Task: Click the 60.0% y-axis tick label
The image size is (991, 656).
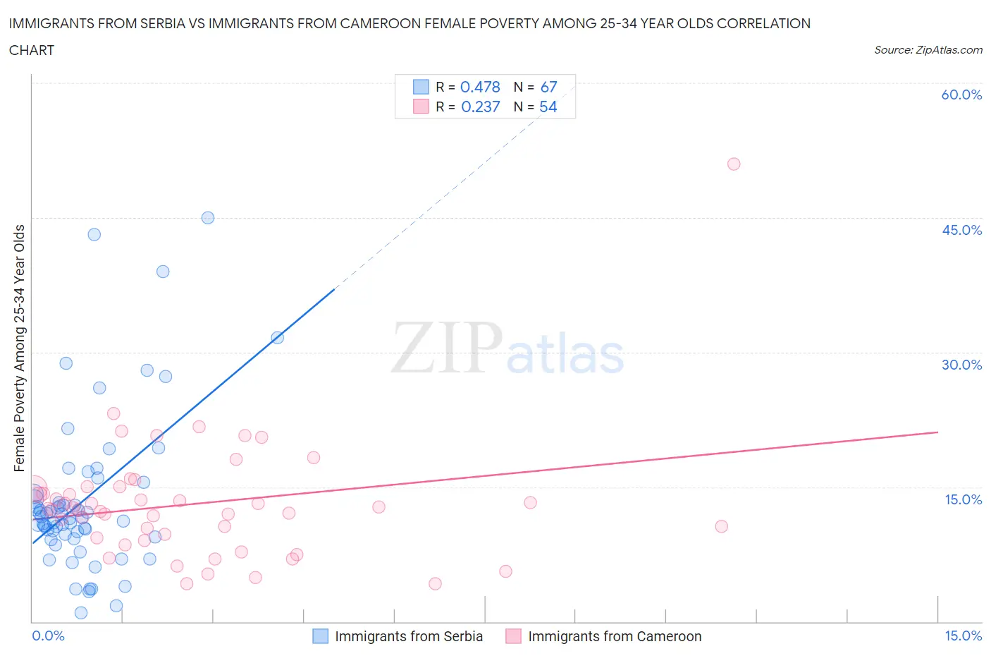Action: (961, 95)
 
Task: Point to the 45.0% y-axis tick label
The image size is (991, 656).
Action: (961, 230)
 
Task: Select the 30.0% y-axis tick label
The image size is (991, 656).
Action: (961, 365)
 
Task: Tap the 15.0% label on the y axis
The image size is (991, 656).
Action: (963, 499)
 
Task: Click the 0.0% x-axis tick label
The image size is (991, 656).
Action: (48, 636)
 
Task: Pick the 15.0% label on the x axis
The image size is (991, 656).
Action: (963, 636)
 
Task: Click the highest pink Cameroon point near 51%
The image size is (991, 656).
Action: (734, 164)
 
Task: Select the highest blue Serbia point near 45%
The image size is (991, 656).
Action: (208, 218)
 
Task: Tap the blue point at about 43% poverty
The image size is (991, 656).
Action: (94, 235)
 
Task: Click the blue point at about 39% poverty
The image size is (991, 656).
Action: (163, 272)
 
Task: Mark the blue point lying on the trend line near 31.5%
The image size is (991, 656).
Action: (278, 338)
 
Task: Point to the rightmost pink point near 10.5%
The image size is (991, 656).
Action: (721, 526)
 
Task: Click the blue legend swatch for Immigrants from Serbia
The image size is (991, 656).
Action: (320, 636)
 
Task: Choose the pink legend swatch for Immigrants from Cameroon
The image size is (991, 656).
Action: (513, 636)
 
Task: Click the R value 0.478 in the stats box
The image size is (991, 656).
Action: (480, 87)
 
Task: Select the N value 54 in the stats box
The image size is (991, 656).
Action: (548, 107)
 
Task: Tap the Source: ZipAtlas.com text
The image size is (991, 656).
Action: (928, 50)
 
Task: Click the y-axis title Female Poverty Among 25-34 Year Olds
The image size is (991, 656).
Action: (20, 348)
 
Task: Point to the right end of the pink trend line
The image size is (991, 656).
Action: (937, 432)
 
